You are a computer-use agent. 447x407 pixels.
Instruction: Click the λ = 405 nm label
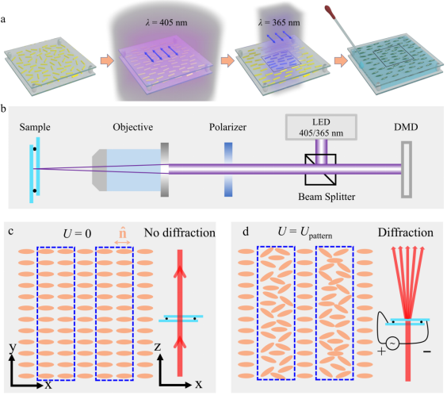166,22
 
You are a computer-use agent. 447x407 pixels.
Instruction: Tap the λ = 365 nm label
279,22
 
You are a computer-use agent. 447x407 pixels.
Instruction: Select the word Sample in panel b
35,127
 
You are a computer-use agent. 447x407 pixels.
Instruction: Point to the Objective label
133,127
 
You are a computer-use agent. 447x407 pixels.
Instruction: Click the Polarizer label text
227,127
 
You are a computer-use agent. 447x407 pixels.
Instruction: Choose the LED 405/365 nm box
321,127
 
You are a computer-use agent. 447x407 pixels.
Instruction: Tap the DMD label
406,127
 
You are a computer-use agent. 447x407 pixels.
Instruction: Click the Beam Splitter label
327,197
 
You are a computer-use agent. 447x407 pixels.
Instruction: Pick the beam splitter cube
320,170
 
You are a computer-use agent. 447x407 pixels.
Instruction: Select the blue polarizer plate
228,170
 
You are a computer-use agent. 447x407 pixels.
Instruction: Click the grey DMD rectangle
407,170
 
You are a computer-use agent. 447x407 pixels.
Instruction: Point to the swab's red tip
330,12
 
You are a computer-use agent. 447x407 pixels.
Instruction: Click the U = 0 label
77,234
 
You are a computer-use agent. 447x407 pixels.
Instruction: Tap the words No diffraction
180,233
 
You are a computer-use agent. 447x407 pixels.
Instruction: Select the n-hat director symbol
122,233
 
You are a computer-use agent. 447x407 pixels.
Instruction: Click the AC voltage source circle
392,344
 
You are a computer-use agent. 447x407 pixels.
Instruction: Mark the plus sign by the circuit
381,351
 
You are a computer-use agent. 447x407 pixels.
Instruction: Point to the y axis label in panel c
13,347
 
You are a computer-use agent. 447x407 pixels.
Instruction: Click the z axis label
158,347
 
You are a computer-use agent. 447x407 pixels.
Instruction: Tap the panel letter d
246,232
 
